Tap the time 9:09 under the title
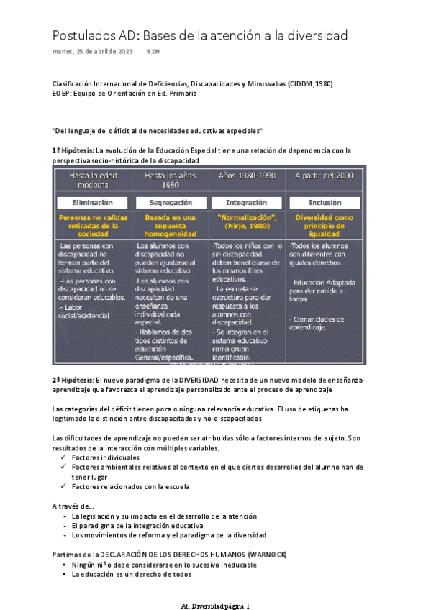tap(153, 52)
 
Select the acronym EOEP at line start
tap(63, 93)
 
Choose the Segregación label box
tap(170, 203)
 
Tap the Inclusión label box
tap(325, 203)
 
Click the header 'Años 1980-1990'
tap(247, 176)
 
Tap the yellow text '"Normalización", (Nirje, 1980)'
tap(247, 223)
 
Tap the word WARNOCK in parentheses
tap(267, 555)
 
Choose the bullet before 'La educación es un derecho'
tap(65, 575)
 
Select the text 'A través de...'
tap(74, 506)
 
